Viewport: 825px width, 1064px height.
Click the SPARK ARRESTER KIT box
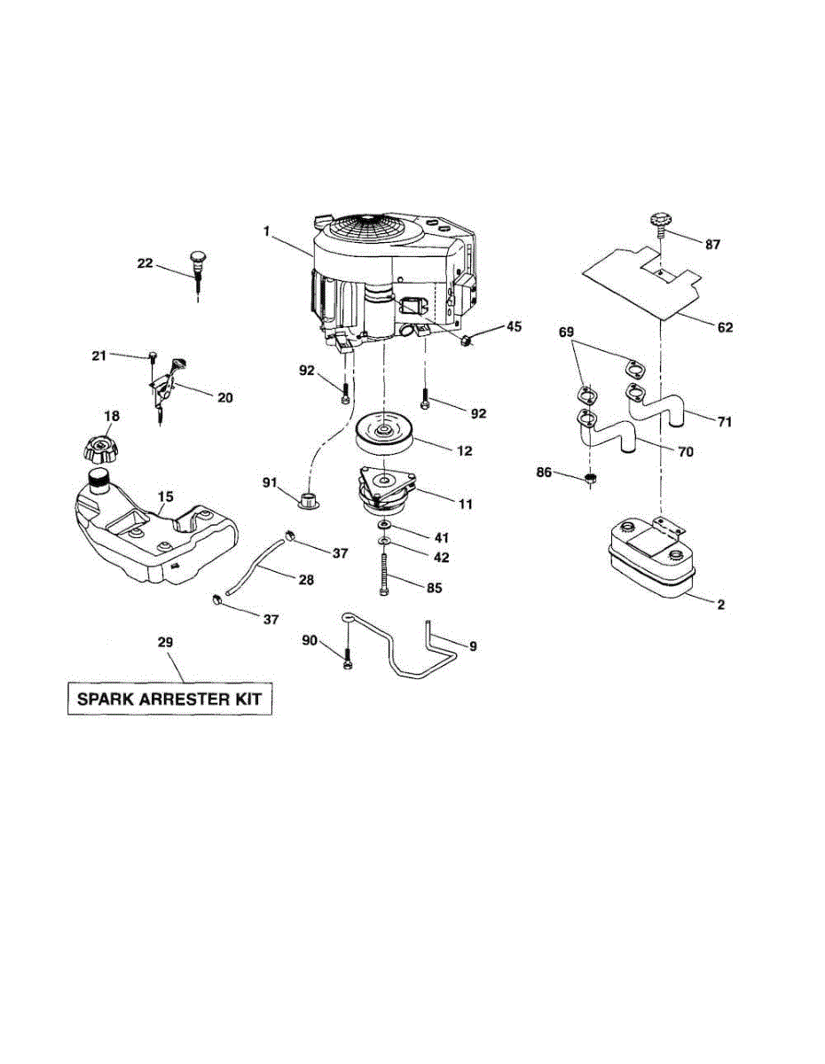point(170,698)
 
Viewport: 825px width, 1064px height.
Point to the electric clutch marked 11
point(386,492)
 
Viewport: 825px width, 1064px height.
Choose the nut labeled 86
point(588,480)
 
